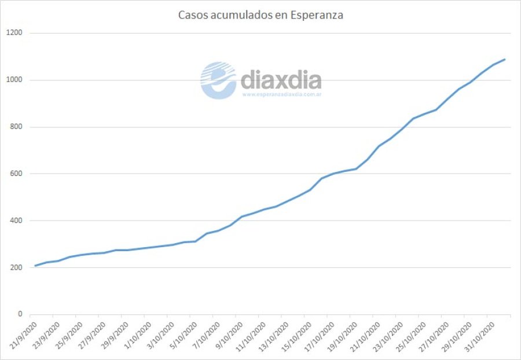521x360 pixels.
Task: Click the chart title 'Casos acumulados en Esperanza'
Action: pyautogui.click(x=260, y=15)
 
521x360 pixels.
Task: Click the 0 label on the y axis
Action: pyautogui.click(x=20, y=314)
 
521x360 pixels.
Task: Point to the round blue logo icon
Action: pyautogui.click(x=218, y=80)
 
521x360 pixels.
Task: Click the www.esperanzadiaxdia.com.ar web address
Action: pyautogui.click(x=282, y=94)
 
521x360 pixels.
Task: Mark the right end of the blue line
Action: pyautogui.click(x=505, y=59)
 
